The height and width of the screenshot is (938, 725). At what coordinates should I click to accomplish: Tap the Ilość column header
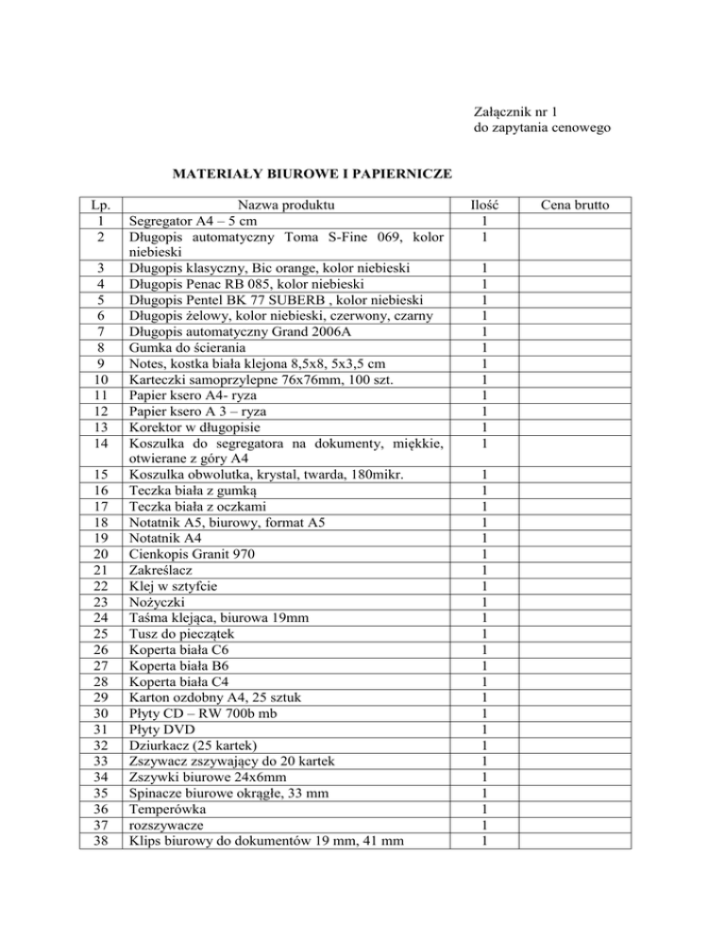click(483, 205)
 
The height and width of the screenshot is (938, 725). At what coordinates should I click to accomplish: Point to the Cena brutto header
click(575, 205)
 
